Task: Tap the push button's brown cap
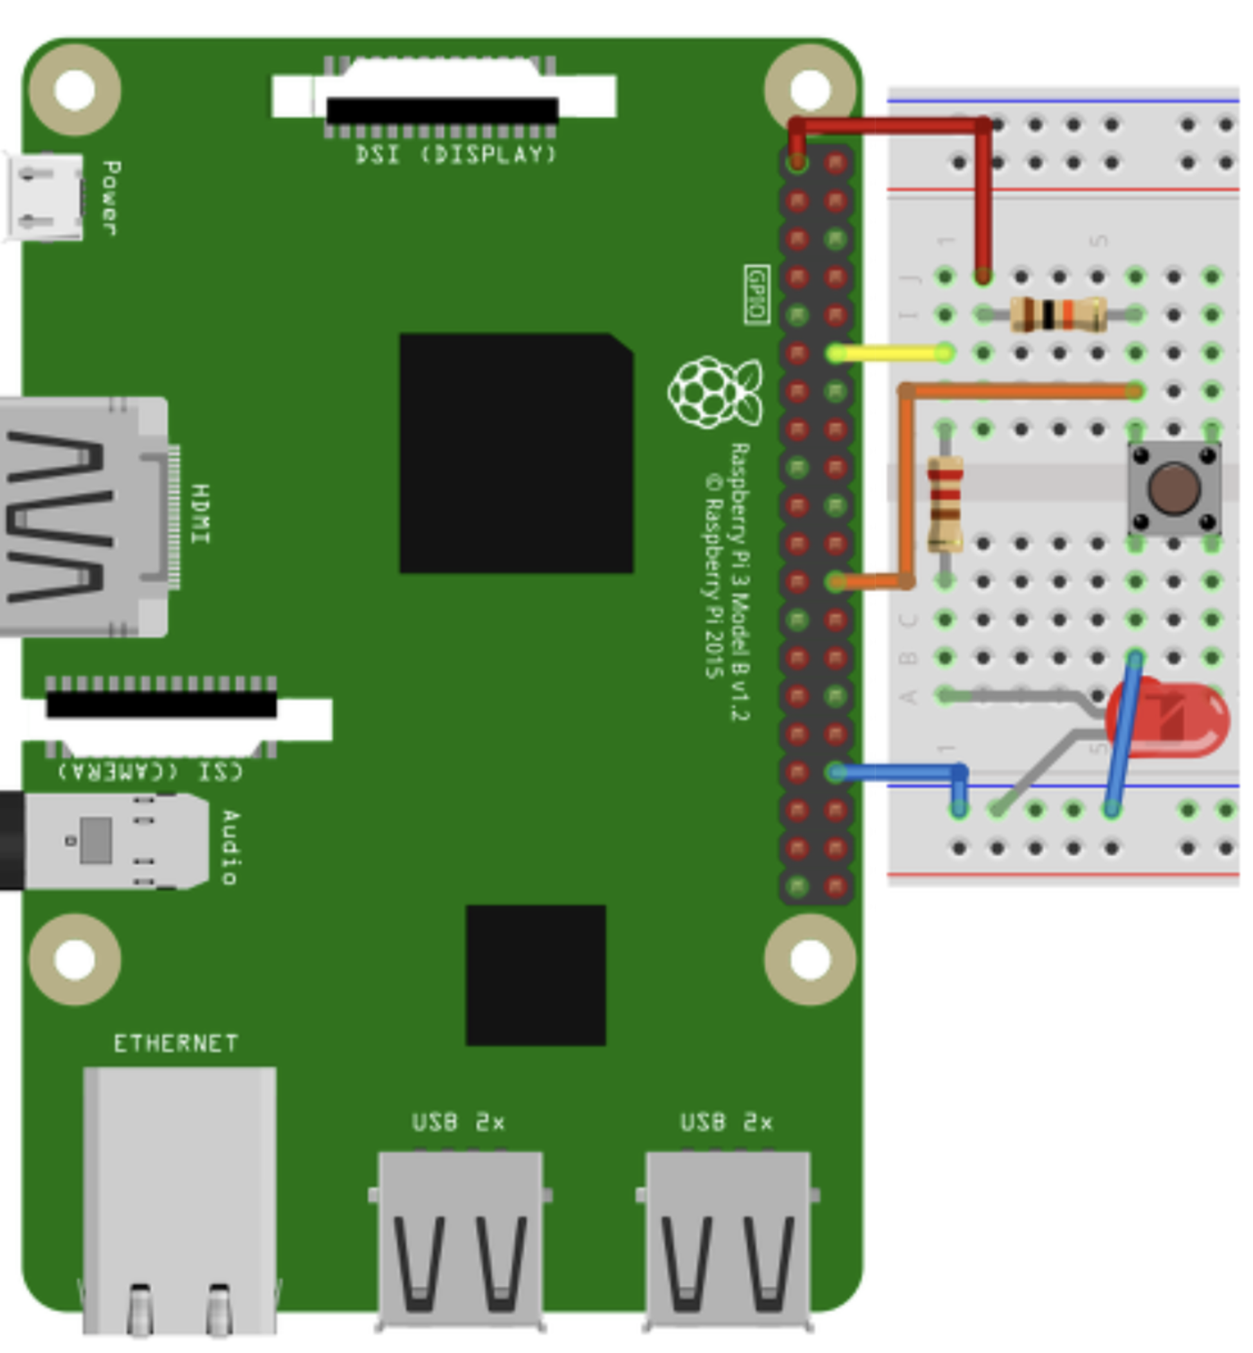point(1175,488)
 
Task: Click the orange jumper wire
point(1017,391)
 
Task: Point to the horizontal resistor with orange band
point(1057,314)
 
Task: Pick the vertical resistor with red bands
point(945,504)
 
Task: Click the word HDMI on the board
point(201,514)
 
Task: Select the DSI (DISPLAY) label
point(455,155)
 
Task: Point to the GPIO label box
point(756,295)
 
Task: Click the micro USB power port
point(45,197)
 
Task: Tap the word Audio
point(230,848)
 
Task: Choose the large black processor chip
point(516,453)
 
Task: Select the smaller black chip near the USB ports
point(536,975)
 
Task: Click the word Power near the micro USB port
point(111,198)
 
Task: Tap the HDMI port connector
point(81,516)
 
